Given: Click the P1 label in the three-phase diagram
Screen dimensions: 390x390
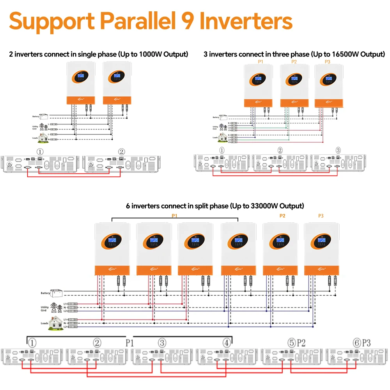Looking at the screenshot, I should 261,62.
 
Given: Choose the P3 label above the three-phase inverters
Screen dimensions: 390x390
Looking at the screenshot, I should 327,62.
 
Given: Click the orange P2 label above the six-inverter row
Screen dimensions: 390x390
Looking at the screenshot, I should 282,216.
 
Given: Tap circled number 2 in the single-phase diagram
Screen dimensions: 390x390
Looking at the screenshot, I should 122,152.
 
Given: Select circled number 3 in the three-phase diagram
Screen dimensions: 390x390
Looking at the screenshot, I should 338,151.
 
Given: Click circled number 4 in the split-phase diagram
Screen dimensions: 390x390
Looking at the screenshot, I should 227,343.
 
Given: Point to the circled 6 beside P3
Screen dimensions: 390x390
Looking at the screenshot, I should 357,343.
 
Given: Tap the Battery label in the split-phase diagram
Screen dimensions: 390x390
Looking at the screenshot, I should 45,293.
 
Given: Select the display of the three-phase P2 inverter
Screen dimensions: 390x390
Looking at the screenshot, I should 294,80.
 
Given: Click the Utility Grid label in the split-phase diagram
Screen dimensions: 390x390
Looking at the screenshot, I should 45,309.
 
